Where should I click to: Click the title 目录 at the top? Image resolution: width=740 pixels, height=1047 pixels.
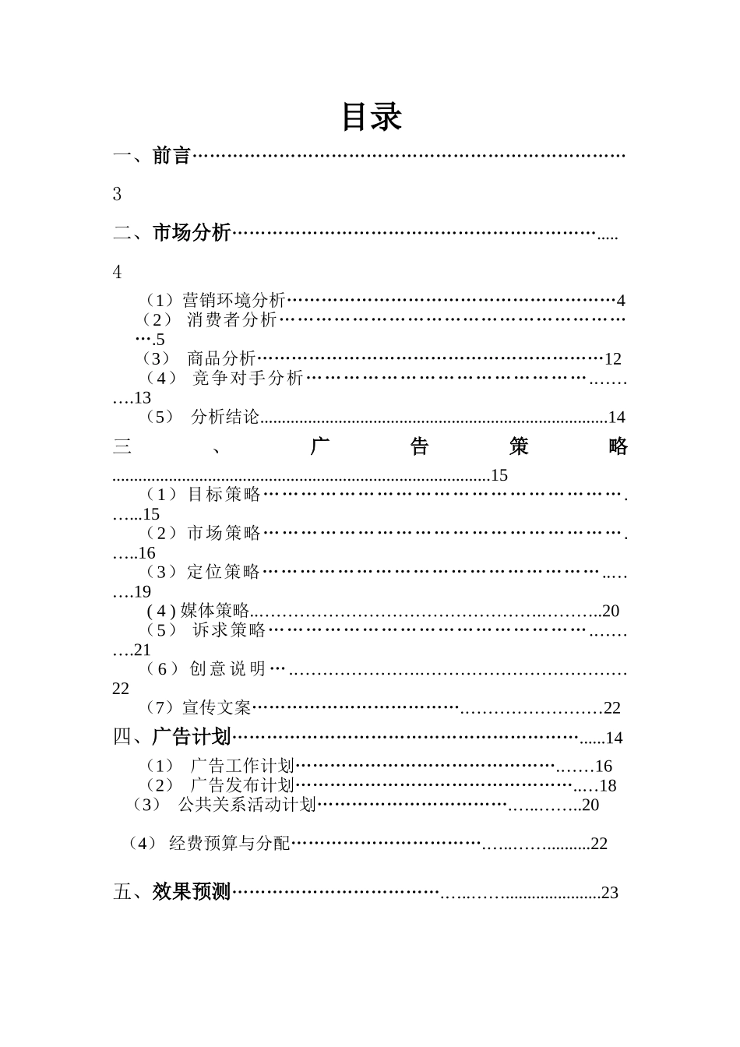(x=372, y=117)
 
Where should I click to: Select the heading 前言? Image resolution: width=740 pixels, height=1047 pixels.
(x=171, y=156)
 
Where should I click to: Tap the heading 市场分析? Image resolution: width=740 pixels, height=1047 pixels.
(x=192, y=233)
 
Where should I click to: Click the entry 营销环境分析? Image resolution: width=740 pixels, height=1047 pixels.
(x=234, y=300)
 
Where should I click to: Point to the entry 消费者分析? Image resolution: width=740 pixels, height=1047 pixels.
(x=231, y=319)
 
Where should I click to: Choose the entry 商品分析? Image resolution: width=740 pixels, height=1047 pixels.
(x=221, y=358)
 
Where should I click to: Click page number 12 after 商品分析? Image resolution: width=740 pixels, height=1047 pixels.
(x=613, y=359)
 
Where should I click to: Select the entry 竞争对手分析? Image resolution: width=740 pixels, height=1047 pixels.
(x=248, y=378)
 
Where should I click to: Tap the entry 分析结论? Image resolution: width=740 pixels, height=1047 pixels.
(x=225, y=417)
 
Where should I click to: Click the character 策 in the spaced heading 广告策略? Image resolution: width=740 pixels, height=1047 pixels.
(x=519, y=446)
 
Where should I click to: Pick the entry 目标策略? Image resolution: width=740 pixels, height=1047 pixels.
(x=224, y=494)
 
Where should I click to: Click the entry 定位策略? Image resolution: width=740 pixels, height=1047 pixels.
(x=224, y=572)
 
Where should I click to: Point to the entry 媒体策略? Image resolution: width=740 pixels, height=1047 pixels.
(x=214, y=611)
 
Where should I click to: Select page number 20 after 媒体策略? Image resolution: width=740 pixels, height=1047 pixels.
(x=611, y=612)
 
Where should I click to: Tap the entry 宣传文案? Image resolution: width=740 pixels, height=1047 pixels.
(x=217, y=707)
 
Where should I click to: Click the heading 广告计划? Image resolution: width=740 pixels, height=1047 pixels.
(x=192, y=737)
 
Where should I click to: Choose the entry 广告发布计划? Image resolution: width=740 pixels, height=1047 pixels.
(x=241, y=785)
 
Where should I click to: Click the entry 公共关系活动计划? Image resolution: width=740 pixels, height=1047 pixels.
(x=247, y=805)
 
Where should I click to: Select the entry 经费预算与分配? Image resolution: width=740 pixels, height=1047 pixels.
(x=229, y=844)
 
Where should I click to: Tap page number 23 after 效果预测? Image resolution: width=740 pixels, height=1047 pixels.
(x=610, y=894)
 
